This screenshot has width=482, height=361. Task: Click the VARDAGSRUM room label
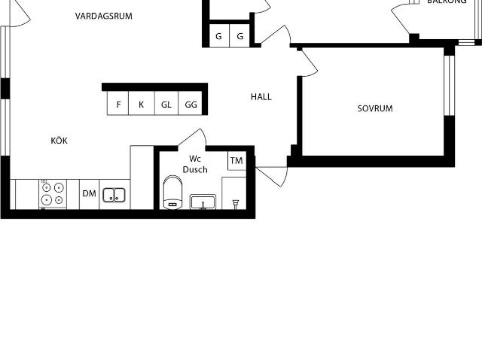pos(104,16)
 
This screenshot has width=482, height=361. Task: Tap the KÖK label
pos(59,141)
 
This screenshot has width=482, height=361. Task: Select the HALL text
pos(261,97)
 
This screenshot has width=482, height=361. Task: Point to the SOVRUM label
pos(375,109)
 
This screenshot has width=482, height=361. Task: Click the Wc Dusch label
pos(195,164)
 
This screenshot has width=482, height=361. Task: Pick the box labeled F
pos(118,105)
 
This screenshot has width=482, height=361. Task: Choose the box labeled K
pos(141,105)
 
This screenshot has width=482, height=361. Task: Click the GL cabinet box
pos(166,105)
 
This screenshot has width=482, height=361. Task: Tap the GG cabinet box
pos(191,105)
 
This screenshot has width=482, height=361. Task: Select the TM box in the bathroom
pos(236,161)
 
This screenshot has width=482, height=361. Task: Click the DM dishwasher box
pos(89,194)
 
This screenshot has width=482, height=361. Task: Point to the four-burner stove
pos(52,194)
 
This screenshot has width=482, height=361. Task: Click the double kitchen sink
pos(114,195)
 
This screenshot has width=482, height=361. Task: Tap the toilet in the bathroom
pos(172,193)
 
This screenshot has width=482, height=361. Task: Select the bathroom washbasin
pos(203,202)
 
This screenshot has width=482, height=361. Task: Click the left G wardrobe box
pos(218,36)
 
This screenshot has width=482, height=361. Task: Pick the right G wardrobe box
pos(240,36)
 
